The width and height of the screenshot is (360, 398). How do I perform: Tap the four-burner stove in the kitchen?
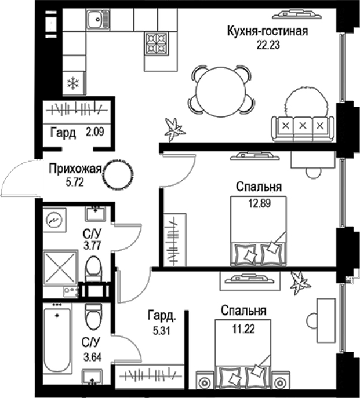(x=157, y=42)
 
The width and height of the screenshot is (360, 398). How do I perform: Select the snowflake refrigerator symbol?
(x=73, y=83)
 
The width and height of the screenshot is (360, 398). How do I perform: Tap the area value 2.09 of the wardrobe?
(x=94, y=133)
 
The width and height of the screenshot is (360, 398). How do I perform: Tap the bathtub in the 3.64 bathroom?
(x=57, y=340)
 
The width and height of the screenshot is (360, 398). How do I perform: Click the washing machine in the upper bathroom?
(x=56, y=221)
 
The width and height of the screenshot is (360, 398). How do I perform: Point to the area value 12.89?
(x=259, y=202)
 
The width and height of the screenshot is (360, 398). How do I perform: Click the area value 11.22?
(x=243, y=326)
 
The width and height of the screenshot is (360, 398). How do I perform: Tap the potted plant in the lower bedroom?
(x=299, y=284)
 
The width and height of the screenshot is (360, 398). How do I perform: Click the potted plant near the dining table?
(x=173, y=129)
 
